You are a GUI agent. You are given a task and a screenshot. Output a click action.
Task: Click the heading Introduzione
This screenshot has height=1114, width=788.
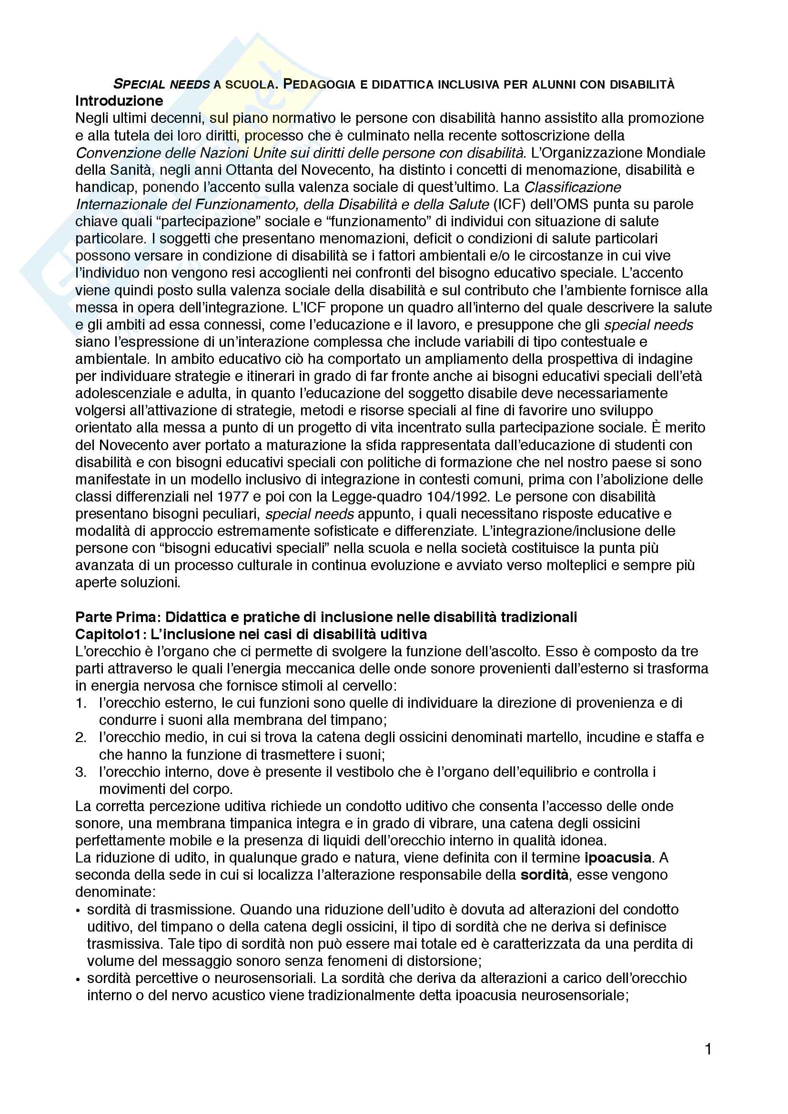119,101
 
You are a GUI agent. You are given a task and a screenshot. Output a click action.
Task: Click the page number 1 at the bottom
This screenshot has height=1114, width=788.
708,1050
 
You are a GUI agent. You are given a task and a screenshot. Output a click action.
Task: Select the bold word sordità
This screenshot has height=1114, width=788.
545,875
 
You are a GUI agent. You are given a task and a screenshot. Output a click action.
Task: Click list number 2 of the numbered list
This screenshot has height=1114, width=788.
81,737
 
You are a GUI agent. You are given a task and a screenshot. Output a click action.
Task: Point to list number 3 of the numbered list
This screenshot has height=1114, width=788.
81,772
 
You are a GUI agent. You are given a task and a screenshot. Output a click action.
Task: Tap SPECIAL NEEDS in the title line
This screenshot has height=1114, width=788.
161,84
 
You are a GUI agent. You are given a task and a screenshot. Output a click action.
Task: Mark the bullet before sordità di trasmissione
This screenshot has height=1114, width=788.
79,910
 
